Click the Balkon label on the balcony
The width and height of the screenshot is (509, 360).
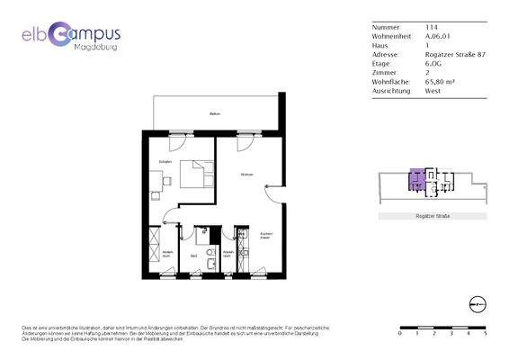point(215,114)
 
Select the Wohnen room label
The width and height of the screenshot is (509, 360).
point(246,174)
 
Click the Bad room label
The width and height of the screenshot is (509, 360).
point(194,257)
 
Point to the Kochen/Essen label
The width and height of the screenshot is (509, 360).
point(265,237)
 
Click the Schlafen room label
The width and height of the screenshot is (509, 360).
point(165,161)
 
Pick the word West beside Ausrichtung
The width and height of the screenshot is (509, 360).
point(433,90)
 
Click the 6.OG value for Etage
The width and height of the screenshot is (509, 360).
point(433,63)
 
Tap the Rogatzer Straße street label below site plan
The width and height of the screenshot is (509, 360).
point(433,217)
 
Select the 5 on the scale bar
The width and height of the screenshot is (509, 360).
point(486,333)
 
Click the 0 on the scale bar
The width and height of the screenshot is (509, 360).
point(400,333)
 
